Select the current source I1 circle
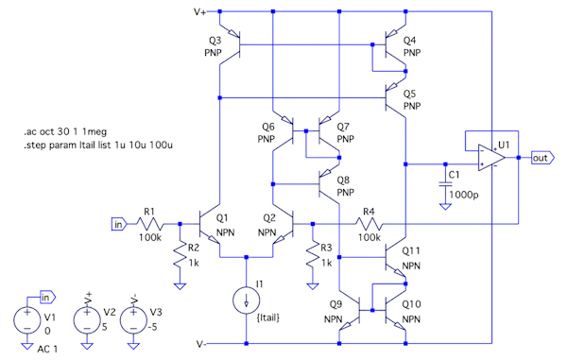(x=247, y=300)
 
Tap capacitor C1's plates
(x=445, y=184)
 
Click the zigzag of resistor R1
(x=149, y=224)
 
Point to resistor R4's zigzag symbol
(x=369, y=224)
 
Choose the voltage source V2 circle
(x=87, y=320)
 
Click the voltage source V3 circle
(x=133, y=320)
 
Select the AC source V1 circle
(x=26, y=320)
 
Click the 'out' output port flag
(x=542, y=158)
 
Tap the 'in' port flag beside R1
(x=119, y=225)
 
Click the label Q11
(x=411, y=250)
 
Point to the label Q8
(x=343, y=180)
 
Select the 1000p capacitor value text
(x=464, y=196)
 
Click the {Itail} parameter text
(x=268, y=318)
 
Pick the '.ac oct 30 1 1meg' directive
(x=65, y=131)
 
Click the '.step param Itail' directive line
(x=98, y=146)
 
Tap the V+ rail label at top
(x=200, y=12)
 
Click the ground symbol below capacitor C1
(x=445, y=206)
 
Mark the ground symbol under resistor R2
(x=180, y=286)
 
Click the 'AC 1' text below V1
(x=47, y=350)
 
